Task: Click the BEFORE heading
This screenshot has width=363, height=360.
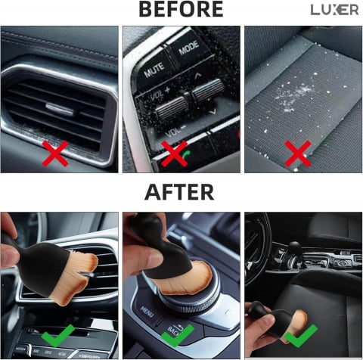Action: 181,9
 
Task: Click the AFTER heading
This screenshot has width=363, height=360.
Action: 179,192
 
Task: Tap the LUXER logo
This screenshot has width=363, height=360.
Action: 334,10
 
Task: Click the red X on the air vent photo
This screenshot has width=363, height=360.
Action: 55,154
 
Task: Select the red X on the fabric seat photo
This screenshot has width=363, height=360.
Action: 298,154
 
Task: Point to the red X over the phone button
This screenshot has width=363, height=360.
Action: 174,154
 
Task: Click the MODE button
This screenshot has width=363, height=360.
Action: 189,48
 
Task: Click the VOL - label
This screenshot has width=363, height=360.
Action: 175,131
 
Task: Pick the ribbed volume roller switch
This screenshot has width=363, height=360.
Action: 189,100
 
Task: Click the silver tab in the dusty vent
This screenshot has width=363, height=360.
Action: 59,108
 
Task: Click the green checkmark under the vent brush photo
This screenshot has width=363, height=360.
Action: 58,335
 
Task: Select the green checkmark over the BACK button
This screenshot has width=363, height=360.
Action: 178,335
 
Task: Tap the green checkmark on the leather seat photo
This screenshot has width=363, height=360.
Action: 301,335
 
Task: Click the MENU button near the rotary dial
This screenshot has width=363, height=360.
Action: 147,312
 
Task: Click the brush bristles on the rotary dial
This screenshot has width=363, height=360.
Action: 187,278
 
